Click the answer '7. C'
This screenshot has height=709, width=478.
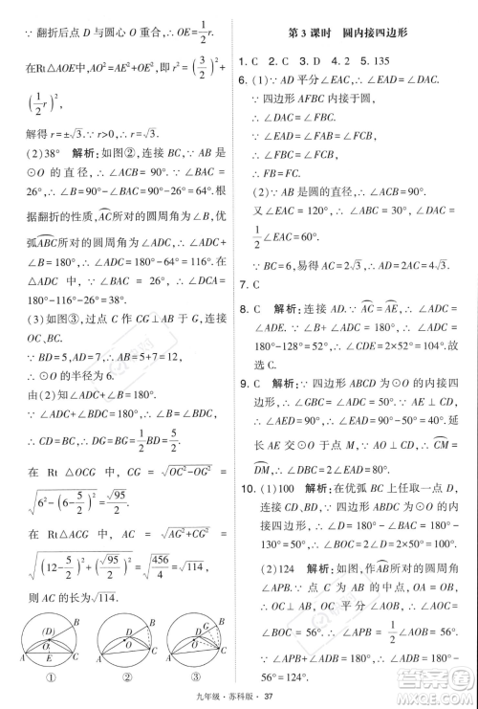click(251, 283)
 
